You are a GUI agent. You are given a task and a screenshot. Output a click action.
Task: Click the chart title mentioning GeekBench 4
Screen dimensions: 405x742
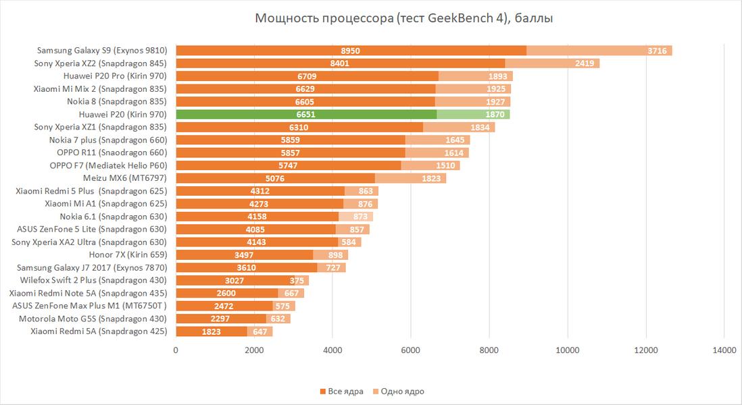(404, 18)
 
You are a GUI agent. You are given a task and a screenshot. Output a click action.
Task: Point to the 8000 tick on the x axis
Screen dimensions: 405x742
(489, 350)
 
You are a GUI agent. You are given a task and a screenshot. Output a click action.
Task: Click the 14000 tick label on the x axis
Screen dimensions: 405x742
(724, 350)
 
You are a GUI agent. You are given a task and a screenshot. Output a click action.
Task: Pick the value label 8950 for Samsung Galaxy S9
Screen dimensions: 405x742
(351, 51)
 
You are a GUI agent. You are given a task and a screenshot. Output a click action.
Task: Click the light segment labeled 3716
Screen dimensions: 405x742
(658, 51)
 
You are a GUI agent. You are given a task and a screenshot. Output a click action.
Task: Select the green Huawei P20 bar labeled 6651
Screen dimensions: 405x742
(305, 114)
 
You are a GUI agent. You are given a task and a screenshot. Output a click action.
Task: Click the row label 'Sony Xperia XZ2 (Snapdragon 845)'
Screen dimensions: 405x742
(100, 63)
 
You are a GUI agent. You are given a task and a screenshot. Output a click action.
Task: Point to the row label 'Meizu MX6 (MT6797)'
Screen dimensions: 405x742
(124, 178)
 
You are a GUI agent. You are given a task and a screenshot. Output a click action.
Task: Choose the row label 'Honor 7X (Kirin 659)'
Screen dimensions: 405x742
(128, 254)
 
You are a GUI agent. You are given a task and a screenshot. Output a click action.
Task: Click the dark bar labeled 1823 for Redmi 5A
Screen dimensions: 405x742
(211, 331)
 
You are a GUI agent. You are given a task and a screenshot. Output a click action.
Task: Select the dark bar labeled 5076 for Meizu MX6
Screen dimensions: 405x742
(275, 178)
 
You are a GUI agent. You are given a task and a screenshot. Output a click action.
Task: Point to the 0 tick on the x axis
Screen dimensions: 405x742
(176, 350)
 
